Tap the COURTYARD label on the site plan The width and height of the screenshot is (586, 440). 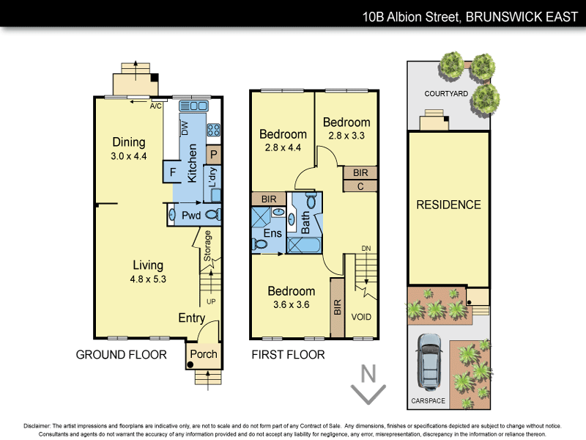tap(446, 95)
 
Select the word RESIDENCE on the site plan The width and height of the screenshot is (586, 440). tap(448, 205)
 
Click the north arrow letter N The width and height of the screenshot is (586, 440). tap(369, 374)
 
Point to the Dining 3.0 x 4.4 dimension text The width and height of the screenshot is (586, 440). tap(128, 156)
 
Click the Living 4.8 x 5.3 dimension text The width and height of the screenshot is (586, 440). tap(147, 279)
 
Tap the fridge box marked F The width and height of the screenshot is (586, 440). tap(172, 173)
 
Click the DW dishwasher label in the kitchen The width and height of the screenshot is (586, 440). tap(185, 129)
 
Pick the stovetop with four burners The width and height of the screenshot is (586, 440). tap(214, 131)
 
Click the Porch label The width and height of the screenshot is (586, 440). tap(203, 354)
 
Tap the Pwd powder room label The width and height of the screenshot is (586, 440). tap(191, 216)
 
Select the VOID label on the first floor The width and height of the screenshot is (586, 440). tap(361, 318)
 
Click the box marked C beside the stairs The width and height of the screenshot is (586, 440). tap(360, 186)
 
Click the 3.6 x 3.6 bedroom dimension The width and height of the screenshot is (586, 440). tap(291, 304)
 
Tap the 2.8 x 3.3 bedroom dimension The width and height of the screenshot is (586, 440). tap(346, 136)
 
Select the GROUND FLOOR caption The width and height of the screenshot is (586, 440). tap(122, 355)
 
